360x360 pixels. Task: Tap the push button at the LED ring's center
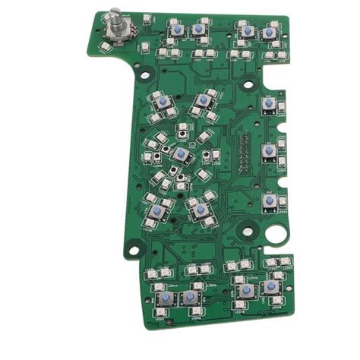point(181,154)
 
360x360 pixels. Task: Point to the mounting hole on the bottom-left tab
point(134,246)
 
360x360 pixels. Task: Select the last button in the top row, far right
point(270,33)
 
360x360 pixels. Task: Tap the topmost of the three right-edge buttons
point(268,103)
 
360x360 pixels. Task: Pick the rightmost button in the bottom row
point(271,286)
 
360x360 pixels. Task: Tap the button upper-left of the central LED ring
point(163,102)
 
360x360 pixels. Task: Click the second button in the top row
point(198,29)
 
